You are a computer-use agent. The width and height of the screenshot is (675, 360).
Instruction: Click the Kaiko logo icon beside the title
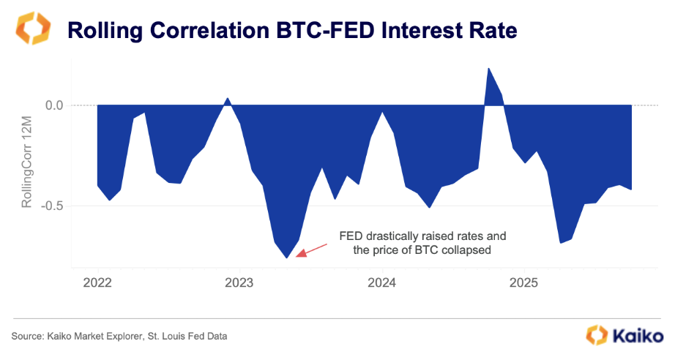point(31,29)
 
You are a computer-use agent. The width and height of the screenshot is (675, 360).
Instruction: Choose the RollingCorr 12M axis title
point(27,155)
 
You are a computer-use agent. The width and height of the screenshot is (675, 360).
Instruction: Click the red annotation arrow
point(310,249)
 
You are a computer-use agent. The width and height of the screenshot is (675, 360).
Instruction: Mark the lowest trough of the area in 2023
point(287,258)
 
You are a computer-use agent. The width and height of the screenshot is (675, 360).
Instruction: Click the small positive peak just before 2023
point(228,98)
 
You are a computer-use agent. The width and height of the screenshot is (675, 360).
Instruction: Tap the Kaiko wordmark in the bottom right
point(636,335)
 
